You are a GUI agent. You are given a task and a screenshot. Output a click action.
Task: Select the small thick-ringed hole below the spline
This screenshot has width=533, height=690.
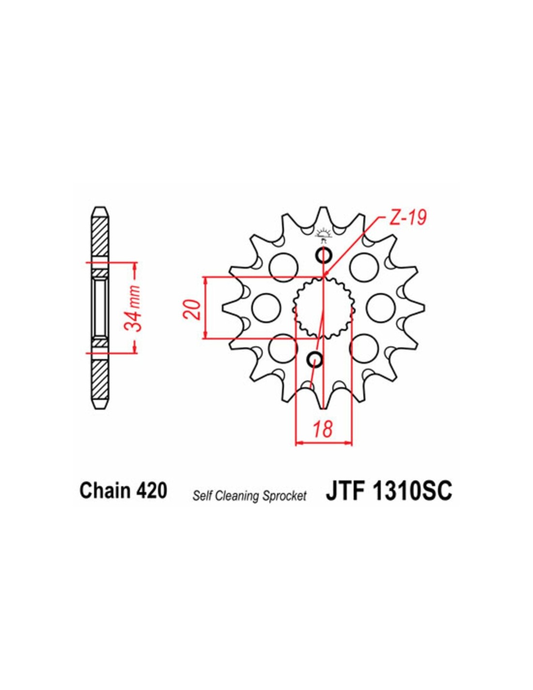tap(315, 359)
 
